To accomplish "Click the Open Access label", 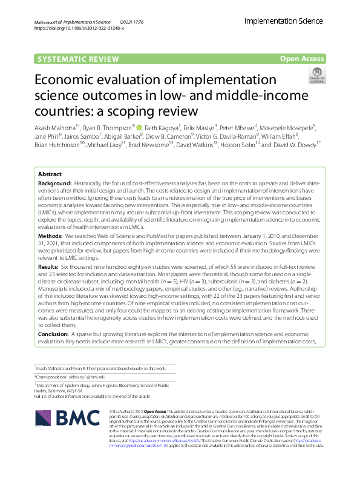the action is (x=302, y=59).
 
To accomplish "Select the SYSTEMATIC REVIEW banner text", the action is (x=70, y=59).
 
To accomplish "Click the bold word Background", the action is (x=54, y=183).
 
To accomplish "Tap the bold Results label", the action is (x=49, y=266).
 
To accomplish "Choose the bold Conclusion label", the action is (x=53, y=334).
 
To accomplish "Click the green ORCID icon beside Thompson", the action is (x=139, y=127).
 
